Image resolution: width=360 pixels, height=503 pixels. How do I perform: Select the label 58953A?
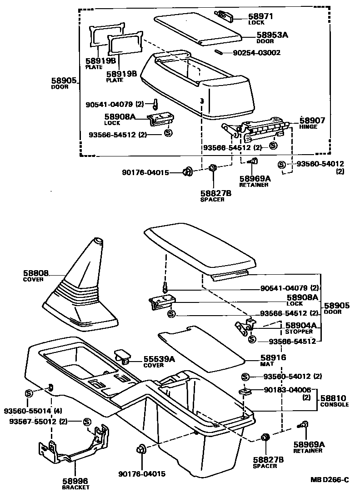[x=273, y=35]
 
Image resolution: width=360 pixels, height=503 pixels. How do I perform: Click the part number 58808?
[x=35, y=273]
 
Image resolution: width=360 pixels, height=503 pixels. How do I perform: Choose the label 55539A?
[x=159, y=359]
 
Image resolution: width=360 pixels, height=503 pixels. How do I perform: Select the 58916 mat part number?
[x=273, y=358]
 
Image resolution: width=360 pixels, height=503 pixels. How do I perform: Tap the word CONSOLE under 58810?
[x=334, y=404]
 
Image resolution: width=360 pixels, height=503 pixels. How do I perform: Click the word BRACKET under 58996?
[x=75, y=487]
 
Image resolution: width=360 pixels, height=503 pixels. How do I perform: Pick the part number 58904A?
[x=300, y=326]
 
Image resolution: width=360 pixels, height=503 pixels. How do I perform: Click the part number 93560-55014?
[x=27, y=411]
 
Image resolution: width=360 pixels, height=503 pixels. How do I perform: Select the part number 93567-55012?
[x=33, y=422]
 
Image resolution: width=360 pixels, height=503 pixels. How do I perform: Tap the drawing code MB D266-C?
[x=330, y=480]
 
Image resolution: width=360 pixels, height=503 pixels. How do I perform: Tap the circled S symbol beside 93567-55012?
[x=87, y=422]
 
